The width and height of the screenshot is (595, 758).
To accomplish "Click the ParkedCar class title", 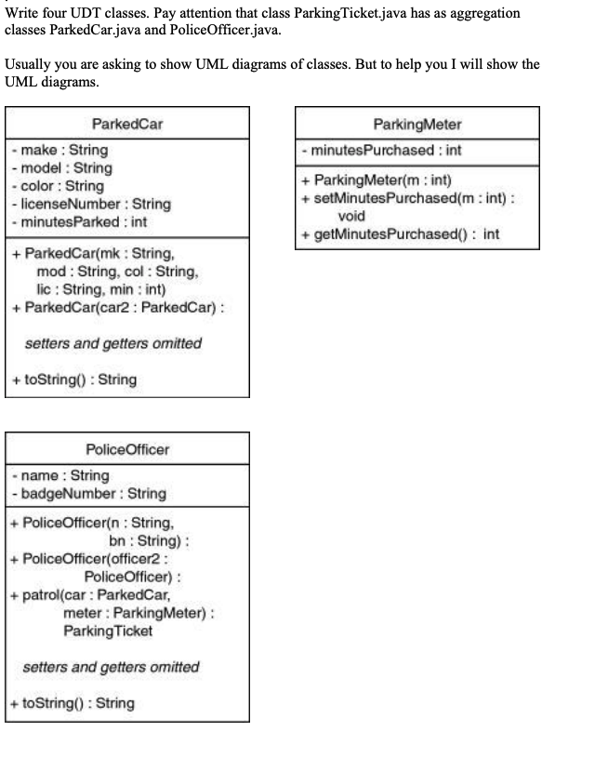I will [x=127, y=124].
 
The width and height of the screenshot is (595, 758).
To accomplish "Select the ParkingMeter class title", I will [x=416, y=124].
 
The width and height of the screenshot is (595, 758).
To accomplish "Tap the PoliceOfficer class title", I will [x=127, y=449].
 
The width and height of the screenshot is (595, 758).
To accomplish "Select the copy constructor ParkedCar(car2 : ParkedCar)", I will [x=117, y=308].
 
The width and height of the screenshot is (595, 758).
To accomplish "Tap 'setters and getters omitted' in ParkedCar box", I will [x=112, y=343].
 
